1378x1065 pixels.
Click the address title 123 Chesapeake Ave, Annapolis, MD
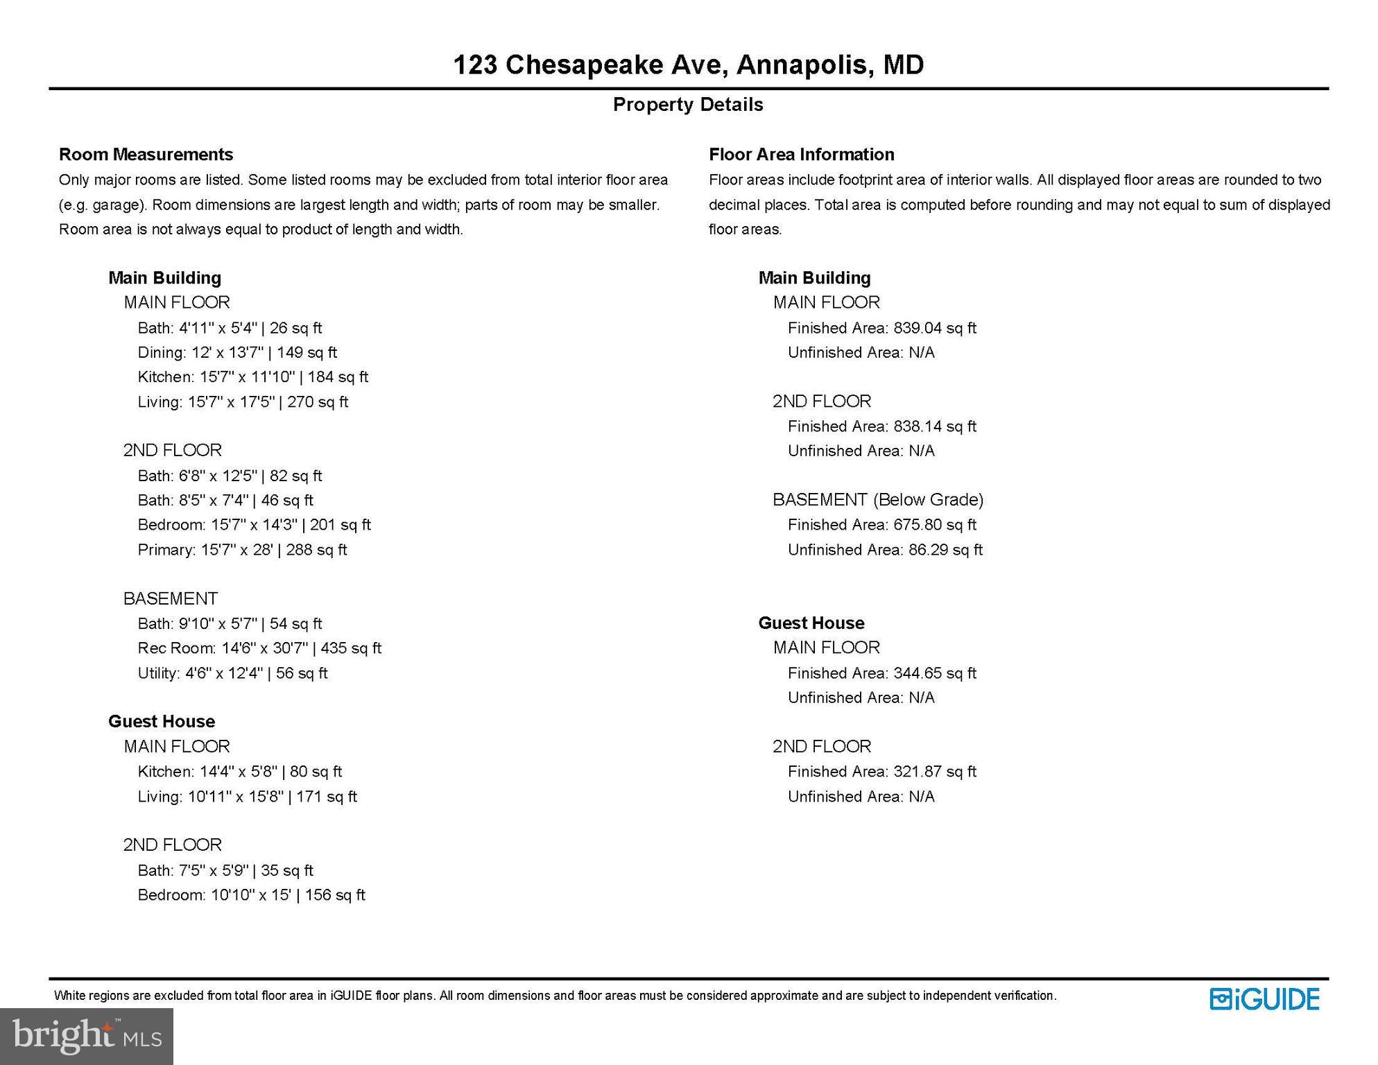pos(688,64)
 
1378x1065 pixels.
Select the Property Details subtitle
pos(688,105)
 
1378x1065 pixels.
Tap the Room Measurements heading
pos(146,154)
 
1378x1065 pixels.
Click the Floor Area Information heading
pos(801,154)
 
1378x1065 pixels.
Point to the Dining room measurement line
pos(237,352)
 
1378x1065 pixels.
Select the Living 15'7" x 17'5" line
pos(243,402)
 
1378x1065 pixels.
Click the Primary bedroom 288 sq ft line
pos(242,550)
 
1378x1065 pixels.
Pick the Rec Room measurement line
pos(259,648)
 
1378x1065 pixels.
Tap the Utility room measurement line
pos(232,673)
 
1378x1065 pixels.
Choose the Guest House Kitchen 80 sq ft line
pos(239,772)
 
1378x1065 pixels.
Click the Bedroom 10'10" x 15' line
pos(251,895)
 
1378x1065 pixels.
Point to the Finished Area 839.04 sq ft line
pos(881,328)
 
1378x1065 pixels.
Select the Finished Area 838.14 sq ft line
pos(881,426)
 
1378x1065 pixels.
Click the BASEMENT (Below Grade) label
pos(878,500)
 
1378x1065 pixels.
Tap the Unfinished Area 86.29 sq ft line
pos(885,550)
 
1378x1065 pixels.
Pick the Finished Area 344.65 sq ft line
pos(881,673)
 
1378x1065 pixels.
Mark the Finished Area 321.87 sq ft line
pos(881,772)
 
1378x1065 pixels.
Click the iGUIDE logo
pos(1264,999)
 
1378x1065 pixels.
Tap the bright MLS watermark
pos(87,1036)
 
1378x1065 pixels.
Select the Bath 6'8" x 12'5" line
pos(230,476)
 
